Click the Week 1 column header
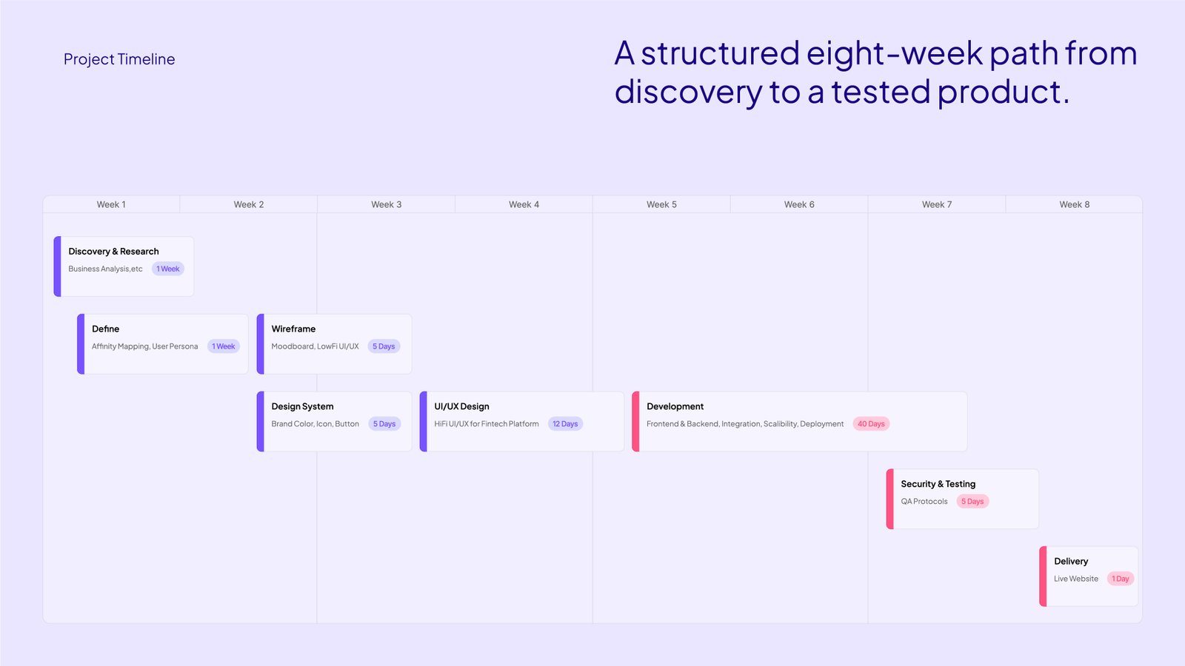click(111, 204)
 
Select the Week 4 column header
click(524, 204)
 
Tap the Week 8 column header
click(1075, 204)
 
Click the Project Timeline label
click(119, 58)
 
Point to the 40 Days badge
click(871, 424)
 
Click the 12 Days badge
click(565, 424)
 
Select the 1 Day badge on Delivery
click(1120, 579)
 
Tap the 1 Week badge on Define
click(223, 346)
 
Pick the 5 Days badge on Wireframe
click(384, 346)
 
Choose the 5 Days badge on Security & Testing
click(972, 501)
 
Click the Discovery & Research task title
click(113, 251)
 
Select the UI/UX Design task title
click(462, 406)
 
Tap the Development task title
click(675, 406)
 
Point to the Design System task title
click(302, 406)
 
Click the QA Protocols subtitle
click(924, 501)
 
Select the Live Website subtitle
click(1076, 579)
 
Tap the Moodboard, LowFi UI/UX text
click(315, 346)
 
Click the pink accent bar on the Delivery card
click(1043, 576)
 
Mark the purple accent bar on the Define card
click(81, 344)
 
